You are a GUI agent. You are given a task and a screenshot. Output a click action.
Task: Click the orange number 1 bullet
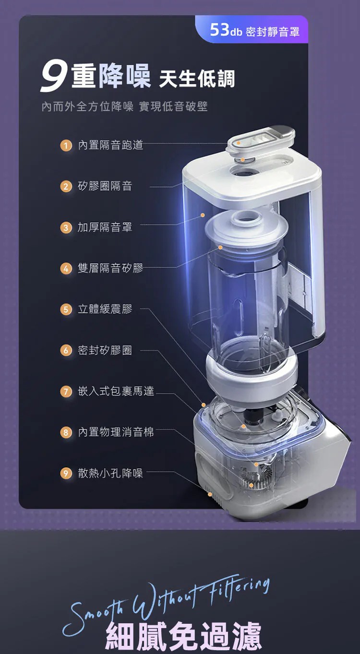(x=66, y=145)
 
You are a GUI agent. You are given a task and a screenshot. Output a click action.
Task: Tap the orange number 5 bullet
(x=66, y=309)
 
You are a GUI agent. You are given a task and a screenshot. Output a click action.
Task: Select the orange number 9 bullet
(x=66, y=473)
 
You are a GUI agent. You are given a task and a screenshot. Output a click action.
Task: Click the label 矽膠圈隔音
(x=105, y=186)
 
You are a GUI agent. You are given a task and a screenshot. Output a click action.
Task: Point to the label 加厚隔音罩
(x=105, y=227)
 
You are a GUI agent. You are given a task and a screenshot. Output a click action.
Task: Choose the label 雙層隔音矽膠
(x=110, y=268)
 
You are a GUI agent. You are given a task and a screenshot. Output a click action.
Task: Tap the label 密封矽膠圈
(x=105, y=350)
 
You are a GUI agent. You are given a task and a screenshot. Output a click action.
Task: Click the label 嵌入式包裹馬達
(x=116, y=391)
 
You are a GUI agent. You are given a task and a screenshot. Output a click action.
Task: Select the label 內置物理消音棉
(x=116, y=432)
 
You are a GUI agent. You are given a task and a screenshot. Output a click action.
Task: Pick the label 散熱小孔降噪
(x=110, y=473)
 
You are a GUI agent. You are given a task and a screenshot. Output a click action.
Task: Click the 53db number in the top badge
(x=226, y=30)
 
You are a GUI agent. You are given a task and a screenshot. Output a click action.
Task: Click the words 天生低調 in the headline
(x=197, y=79)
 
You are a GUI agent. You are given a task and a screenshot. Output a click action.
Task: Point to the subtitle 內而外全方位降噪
(x=87, y=107)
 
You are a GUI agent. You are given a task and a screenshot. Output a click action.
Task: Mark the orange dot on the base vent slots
(x=210, y=494)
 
